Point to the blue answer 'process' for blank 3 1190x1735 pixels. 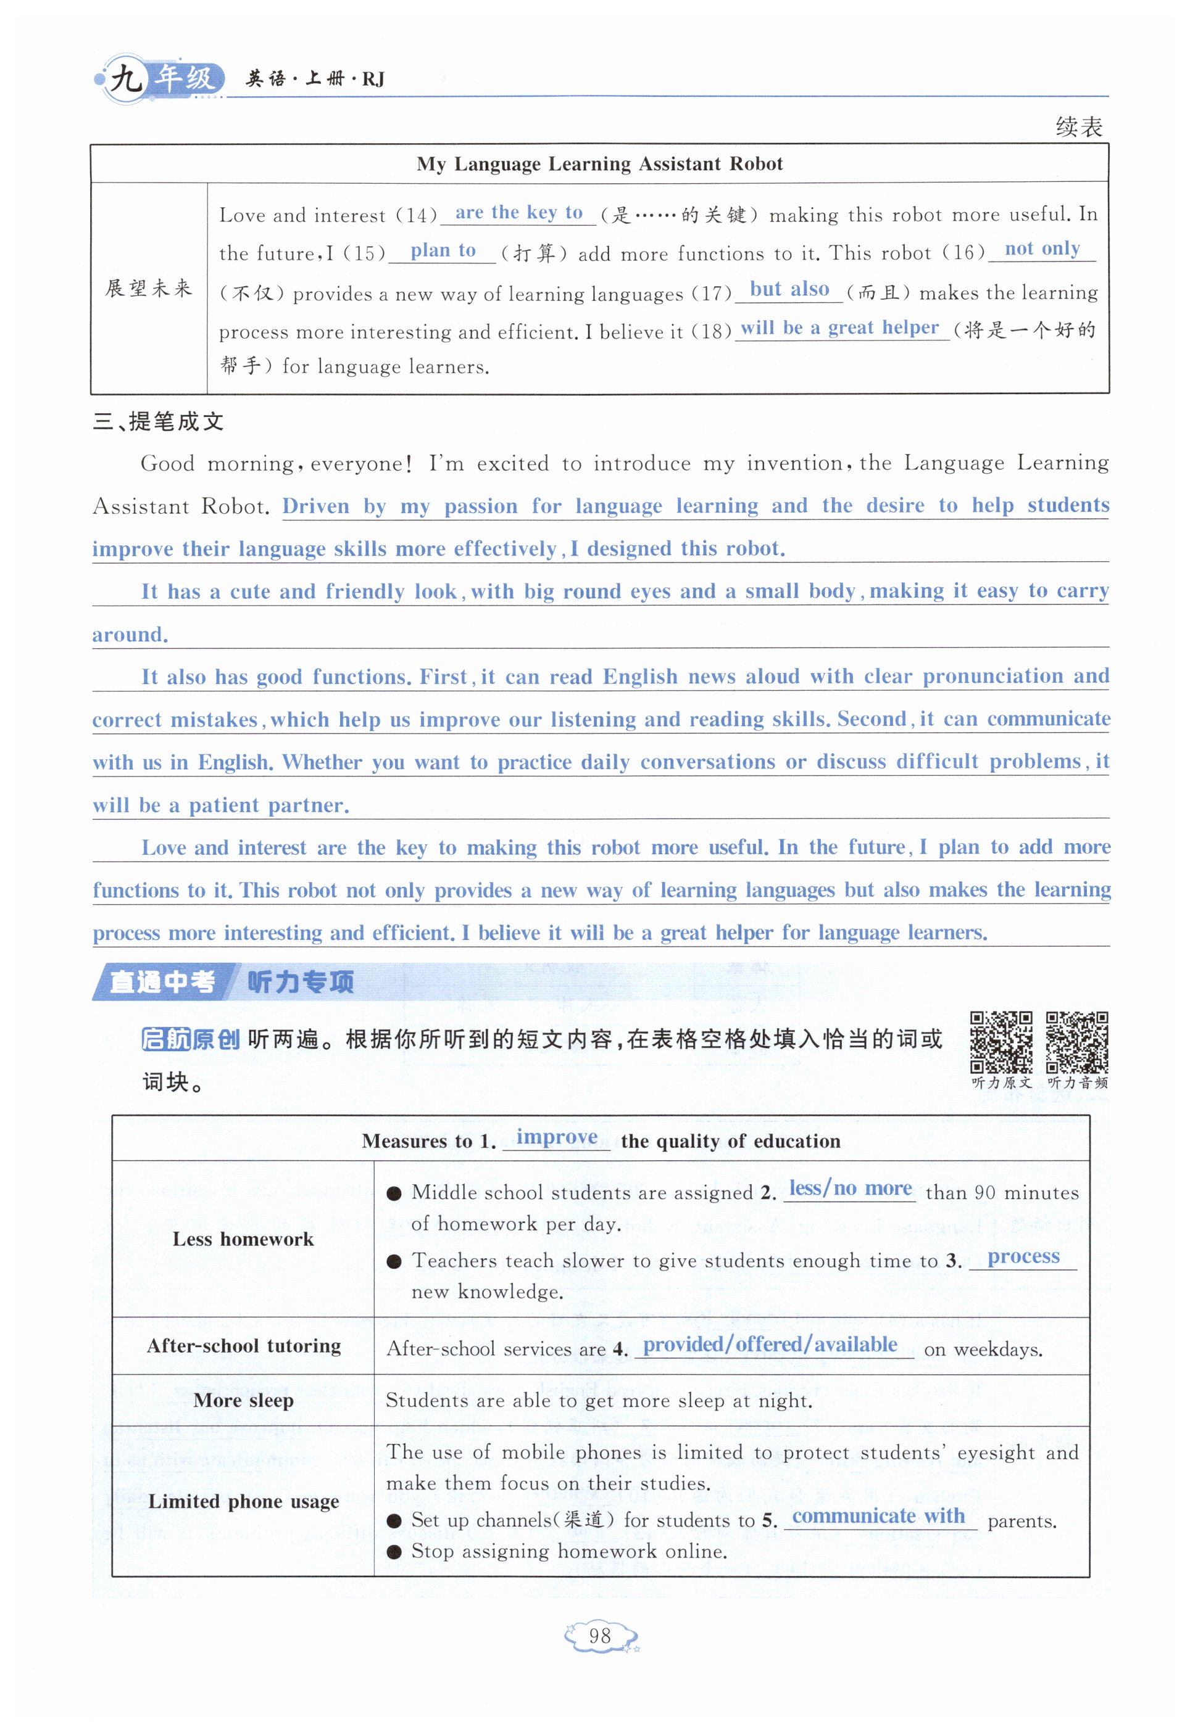coord(1023,1256)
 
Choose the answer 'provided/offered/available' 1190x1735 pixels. coord(770,1345)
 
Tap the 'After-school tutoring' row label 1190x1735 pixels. coord(244,1345)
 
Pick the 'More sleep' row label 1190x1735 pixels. coord(244,1401)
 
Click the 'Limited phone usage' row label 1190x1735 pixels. coord(244,1501)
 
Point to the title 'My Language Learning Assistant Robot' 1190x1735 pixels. coord(599,163)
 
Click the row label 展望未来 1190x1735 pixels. coord(149,288)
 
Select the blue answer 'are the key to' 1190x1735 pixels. coord(519,213)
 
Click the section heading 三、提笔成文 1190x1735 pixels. coord(159,422)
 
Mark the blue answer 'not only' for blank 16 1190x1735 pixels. coord(1042,249)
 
